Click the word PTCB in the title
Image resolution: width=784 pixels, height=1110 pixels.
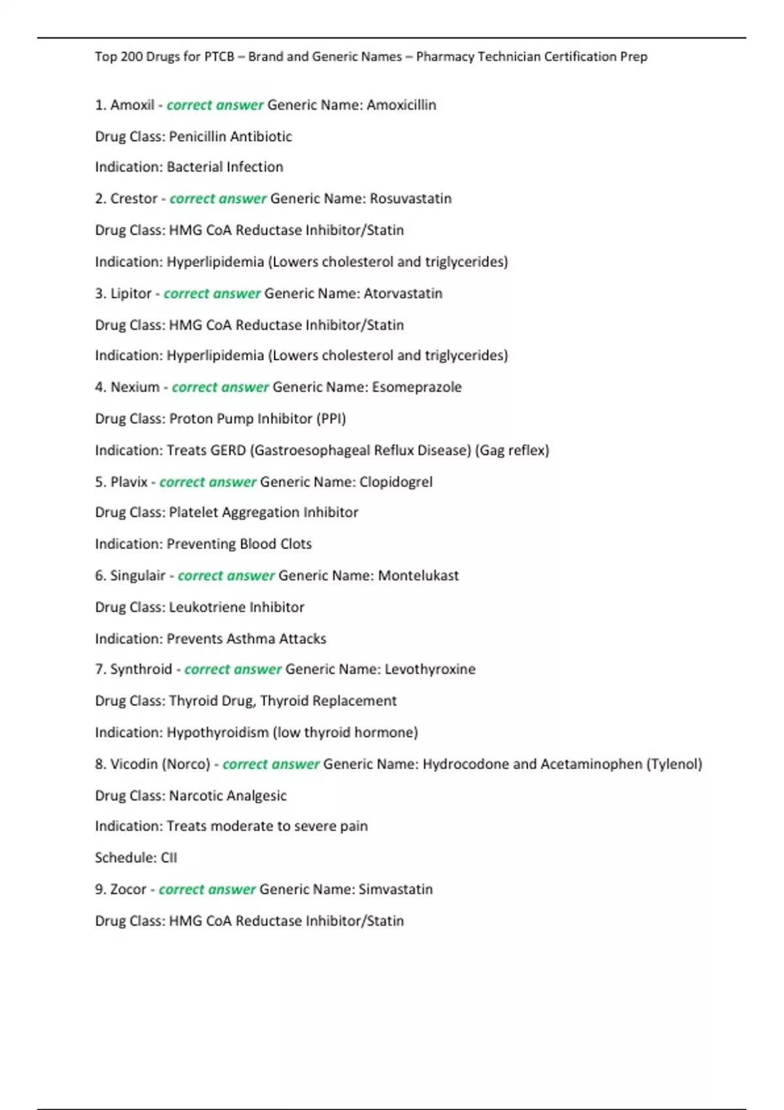coord(219,57)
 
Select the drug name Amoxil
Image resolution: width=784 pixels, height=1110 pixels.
coord(132,105)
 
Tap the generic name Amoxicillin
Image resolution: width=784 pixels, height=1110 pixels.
coord(401,105)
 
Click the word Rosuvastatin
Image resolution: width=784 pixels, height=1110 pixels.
coord(410,198)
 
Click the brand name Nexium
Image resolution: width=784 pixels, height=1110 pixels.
coord(135,387)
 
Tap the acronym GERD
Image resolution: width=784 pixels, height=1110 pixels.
coord(228,451)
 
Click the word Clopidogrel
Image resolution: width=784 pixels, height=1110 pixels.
coord(396,482)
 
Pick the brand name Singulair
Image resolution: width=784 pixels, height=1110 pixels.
coord(137,576)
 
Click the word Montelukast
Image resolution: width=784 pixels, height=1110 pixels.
coord(418,576)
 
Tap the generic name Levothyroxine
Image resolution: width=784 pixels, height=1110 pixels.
coord(430,669)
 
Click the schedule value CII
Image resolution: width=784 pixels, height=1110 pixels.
coord(169,858)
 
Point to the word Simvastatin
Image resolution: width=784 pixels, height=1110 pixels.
coord(395,889)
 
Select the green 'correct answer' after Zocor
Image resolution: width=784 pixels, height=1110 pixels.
coord(207,889)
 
